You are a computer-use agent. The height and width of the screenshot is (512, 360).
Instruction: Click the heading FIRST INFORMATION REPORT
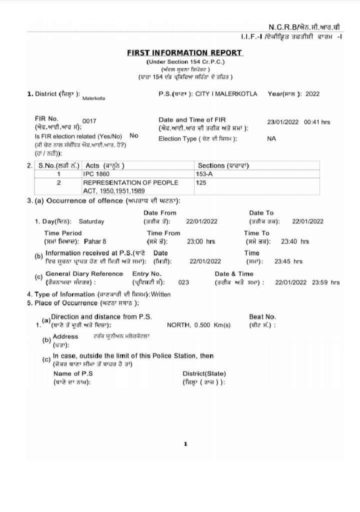(x=184, y=52)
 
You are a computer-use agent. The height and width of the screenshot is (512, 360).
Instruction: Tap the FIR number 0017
(x=89, y=121)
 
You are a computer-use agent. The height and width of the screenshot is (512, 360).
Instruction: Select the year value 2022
(x=312, y=93)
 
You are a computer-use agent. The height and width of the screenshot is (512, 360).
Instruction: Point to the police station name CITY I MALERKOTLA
(x=226, y=93)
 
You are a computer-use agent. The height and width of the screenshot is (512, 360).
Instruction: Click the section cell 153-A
(x=203, y=174)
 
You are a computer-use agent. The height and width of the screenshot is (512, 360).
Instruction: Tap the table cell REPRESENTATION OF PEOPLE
(x=130, y=182)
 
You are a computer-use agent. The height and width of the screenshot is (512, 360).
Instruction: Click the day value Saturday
(x=91, y=221)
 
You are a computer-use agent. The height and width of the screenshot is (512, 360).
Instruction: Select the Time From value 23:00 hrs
(x=201, y=241)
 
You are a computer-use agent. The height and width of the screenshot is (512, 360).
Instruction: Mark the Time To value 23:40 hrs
(x=295, y=241)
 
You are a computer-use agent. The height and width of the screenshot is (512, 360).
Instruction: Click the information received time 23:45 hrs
(x=288, y=261)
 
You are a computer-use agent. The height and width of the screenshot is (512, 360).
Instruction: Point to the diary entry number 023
(x=183, y=282)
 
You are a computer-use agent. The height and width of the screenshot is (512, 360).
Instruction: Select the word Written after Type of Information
(x=160, y=294)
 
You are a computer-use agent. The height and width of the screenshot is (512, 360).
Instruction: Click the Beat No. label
(x=262, y=316)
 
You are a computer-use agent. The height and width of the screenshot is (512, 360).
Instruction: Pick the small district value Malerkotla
(x=93, y=98)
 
